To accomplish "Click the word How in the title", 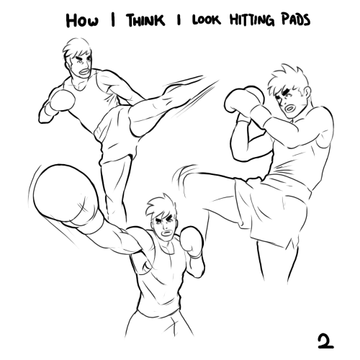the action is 82,20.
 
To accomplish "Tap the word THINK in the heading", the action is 145,20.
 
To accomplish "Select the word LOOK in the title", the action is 206,20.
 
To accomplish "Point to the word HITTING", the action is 252,19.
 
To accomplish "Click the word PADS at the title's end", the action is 296,19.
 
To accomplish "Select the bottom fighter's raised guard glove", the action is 192,241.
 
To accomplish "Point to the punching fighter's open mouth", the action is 166,233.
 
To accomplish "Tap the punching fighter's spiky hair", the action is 161,207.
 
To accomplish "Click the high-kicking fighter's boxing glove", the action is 62,100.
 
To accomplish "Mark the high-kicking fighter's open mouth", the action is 84,71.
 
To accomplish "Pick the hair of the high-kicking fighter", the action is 76,49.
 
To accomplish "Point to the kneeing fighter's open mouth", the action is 289,109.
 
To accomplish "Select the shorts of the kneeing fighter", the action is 272,209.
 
